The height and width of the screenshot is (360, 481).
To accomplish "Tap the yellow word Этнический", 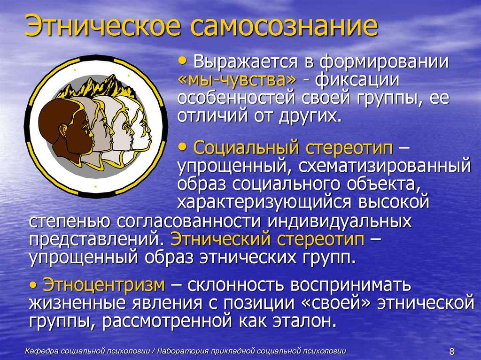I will click(x=218, y=239).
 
